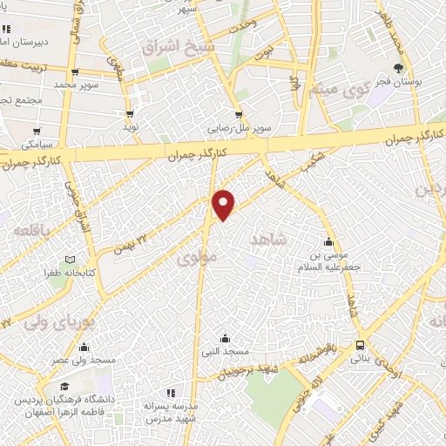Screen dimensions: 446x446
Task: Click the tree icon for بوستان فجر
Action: tap(398, 68)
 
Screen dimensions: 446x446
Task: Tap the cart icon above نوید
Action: tap(130, 113)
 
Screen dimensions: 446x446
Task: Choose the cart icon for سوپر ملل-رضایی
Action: tap(239, 113)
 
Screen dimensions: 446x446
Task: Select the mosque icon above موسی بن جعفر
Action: tap(328, 242)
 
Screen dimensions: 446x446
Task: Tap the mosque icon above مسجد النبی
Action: tap(226, 338)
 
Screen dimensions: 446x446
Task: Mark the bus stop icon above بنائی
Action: tap(361, 345)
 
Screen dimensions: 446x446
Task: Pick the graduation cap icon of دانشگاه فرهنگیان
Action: tap(64, 387)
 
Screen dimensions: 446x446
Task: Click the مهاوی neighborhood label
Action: tap(194, 258)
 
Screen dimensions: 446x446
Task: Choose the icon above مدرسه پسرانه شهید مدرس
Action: tap(172, 393)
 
